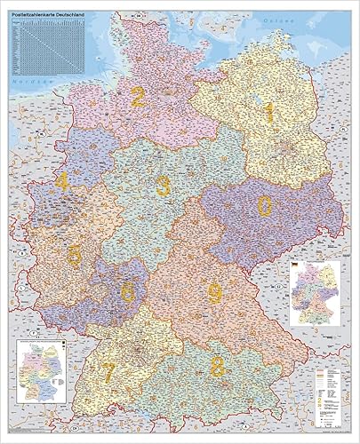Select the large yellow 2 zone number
point(138,96)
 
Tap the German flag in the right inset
point(293,266)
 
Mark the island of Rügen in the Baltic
point(283,37)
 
